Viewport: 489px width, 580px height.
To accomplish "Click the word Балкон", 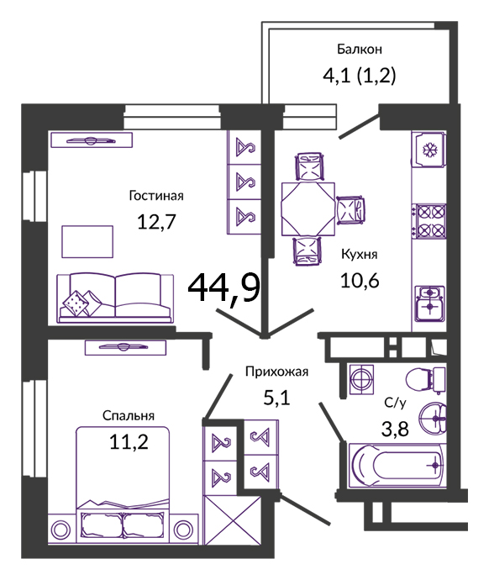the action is pyautogui.click(x=360, y=50).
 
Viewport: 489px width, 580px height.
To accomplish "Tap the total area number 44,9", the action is pyautogui.click(x=224, y=287).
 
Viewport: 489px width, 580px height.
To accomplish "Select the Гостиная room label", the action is pyautogui.click(x=156, y=195).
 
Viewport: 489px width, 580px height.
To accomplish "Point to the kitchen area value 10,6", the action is pyautogui.click(x=360, y=281).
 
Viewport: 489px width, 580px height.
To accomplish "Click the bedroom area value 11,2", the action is pyautogui.click(x=129, y=441).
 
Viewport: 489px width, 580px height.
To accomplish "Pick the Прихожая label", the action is pyautogui.click(x=276, y=372).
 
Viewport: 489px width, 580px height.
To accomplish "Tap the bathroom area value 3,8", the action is pyautogui.click(x=395, y=430).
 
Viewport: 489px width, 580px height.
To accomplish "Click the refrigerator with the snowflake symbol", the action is pyautogui.click(x=429, y=150).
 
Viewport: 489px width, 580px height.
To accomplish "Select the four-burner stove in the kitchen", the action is pyautogui.click(x=430, y=221).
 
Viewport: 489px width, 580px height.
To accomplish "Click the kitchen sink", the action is pyautogui.click(x=429, y=303).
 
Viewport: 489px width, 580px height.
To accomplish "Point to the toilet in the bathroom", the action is pyautogui.click(x=426, y=379).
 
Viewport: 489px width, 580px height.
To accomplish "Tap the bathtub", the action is pyautogui.click(x=397, y=466).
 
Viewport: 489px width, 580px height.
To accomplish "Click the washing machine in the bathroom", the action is pyautogui.click(x=361, y=379).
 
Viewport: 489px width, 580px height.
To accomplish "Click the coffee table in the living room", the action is pyautogui.click(x=87, y=241).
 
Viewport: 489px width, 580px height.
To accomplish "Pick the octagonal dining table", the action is pyautogui.click(x=308, y=208).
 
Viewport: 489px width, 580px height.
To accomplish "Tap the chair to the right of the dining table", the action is pyautogui.click(x=350, y=210).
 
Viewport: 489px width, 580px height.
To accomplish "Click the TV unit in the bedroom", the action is pyautogui.click(x=125, y=347).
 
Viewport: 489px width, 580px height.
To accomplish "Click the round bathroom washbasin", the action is pyautogui.click(x=433, y=418).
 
